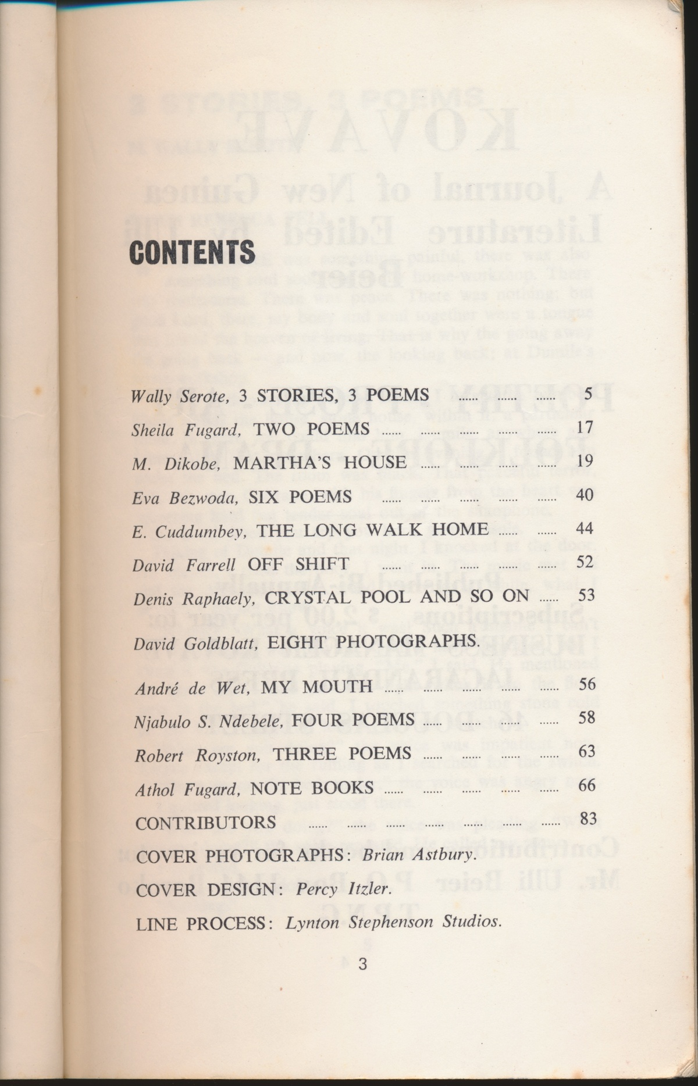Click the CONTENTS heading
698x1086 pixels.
coord(192,252)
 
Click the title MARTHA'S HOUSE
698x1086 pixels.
coord(320,462)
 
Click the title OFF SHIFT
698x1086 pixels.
coord(298,563)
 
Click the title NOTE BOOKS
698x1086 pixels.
coord(312,788)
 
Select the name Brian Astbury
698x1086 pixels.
coord(419,855)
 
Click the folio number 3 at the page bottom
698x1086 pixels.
coord(363,964)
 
